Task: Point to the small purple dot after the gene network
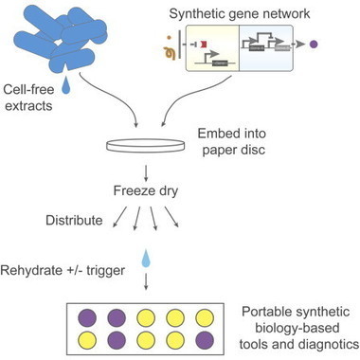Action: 339,45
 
